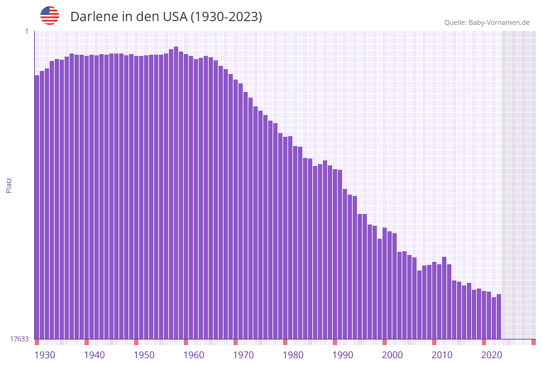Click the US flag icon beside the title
click(50, 16)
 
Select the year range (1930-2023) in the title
click(226, 17)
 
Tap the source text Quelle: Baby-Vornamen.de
click(486, 22)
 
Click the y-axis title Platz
click(9, 185)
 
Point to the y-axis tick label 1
click(26, 31)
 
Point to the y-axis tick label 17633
click(19, 339)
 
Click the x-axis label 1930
click(45, 355)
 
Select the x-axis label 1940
click(94, 355)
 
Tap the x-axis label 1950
click(144, 355)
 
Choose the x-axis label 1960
click(194, 355)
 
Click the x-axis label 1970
click(243, 355)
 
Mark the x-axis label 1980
click(293, 355)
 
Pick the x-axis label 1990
click(343, 355)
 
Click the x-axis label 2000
click(392, 355)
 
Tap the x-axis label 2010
click(442, 355)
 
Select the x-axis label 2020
click(492, 355)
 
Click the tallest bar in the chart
click(176, 193)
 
